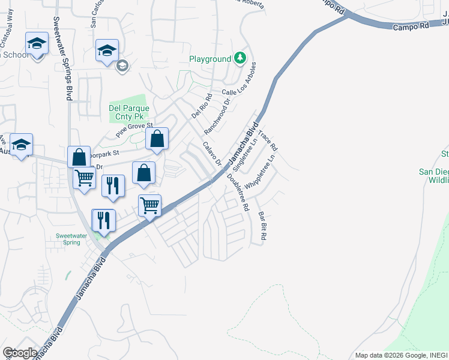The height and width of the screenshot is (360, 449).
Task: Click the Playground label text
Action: [210, 59]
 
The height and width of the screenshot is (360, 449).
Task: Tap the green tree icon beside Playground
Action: [240, 58]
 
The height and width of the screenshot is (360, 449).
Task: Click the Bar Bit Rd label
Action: [262, 226]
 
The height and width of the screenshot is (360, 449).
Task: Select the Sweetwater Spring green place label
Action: [71, 239]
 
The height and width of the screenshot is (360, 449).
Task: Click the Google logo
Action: [20, 352]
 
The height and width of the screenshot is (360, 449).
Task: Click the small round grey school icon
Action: [122, 66]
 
